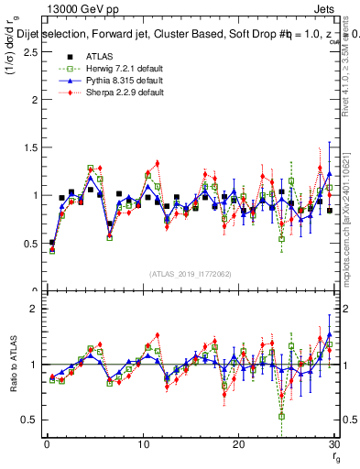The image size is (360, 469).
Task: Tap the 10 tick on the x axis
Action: pyautogui.click(x=142, y=444)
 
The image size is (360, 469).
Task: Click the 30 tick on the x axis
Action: pyautogui.click(x=333, y=444)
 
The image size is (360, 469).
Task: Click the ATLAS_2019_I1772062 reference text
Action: pyautogui.click(x=190, y=274)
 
